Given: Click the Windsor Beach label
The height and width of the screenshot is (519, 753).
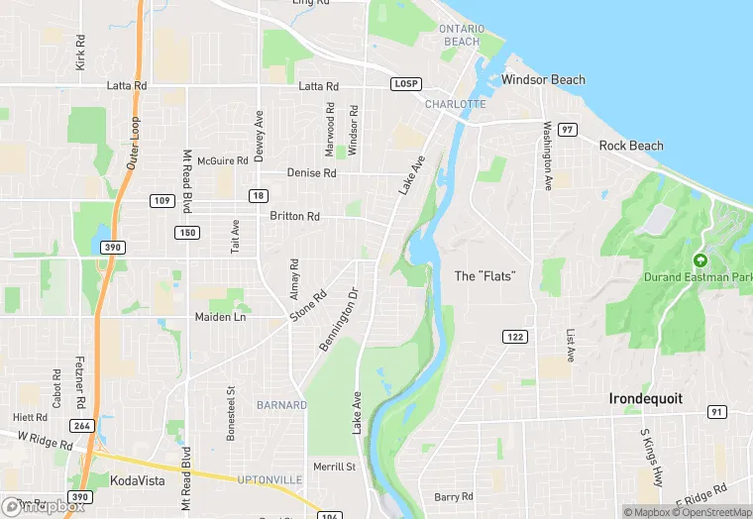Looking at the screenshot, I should click(x=543, y=79).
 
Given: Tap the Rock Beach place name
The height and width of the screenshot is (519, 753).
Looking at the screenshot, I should click(x=631, y=146).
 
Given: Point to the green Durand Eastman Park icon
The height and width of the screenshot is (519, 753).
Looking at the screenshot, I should click(x=700, y=260).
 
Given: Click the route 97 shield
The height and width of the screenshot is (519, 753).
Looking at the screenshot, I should click(x=567, y=130).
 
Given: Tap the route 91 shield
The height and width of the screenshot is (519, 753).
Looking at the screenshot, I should click(x=717, y=412).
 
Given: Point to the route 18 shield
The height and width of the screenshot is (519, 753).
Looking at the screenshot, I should click(x=258, y=195).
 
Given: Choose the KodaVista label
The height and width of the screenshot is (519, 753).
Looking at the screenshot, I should click(x=137, y=479).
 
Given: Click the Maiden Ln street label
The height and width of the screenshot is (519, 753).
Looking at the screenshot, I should click(x=225, y=317).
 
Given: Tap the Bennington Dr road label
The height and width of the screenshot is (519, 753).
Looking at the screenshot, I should click(x=338, y=318).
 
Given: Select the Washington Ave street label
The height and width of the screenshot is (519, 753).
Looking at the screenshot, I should click(x=546, y=156).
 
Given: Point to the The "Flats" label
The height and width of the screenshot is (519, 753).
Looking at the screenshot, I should click(x=484, y=275).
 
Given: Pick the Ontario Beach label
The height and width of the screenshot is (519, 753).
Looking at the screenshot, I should click(x=461, y=36).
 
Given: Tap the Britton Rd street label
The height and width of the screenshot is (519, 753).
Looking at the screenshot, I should click(x=294, y=216).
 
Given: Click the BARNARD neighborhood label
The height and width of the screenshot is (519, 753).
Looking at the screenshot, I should click(x=281, y=405).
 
